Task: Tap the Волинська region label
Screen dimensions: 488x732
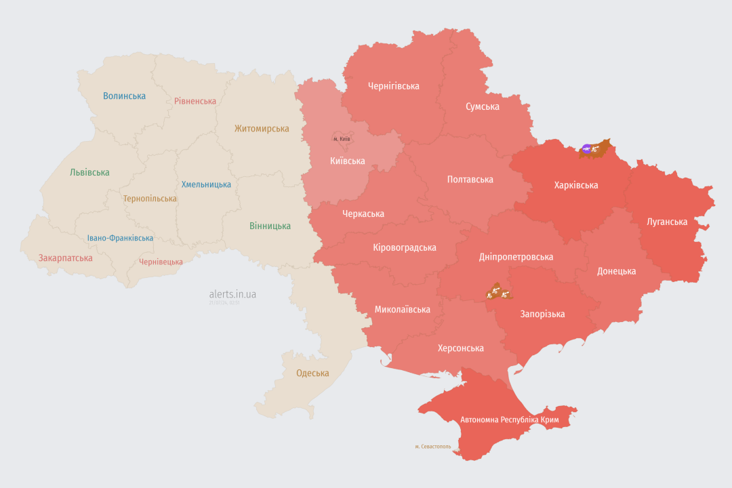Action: (x=124, y=96)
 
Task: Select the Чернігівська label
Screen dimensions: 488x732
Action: (x=393, y=86)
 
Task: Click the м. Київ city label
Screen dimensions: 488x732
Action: (x=342, y=139)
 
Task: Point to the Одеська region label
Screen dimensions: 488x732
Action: (x=312, y=373)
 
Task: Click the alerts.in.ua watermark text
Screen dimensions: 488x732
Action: (x=232, y=294)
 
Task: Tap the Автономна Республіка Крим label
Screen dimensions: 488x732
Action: (x=509, y=420)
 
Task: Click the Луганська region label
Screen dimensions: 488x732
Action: (x=667, y=222)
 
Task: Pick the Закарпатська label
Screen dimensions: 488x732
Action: (x=65, y=258)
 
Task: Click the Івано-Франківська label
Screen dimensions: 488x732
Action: (x=120, y=239)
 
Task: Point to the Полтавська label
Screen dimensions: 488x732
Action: (x=470, y=180)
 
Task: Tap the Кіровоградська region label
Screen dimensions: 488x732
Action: (x=404, y=247)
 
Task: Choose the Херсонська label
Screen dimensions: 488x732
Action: (x=460, y=348)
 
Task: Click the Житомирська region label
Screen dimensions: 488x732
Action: (x=262, y=129)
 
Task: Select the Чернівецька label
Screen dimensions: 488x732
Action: (x=161, y=262)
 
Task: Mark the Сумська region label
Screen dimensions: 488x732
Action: (x=482, y=107)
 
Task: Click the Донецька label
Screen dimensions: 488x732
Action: (x=616, y=271)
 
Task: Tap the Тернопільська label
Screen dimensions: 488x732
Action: (x=150, y=199)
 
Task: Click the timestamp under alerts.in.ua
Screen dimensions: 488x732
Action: (x=224, y=303)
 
